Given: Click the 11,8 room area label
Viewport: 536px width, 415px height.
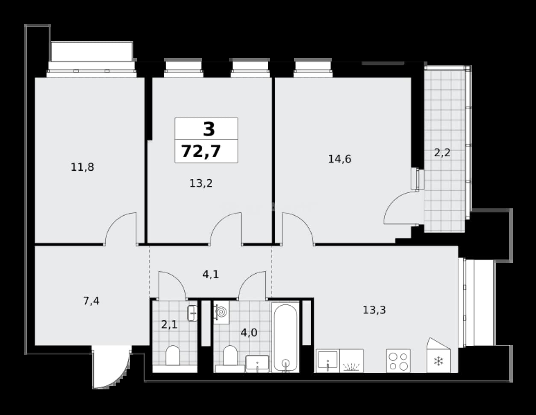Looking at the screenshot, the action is pyautogui.click(x=82, y=167).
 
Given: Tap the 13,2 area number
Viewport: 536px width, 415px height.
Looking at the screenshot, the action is pyautogui.click(x=201, y=184).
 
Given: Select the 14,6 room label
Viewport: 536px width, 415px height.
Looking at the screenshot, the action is pyautogui.click(x=340, y=159).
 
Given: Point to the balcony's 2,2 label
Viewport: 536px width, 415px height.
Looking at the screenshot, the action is pyautogui.click(x=442, y=153).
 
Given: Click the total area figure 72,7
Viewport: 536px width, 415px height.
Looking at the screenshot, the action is pyautogui.click(x=201, y=151).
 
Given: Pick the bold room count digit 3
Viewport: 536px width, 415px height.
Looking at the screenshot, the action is pyautogui.click(x=209, y=129).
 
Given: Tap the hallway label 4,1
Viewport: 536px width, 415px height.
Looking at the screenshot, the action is pyautogui.click(x=211, y=275).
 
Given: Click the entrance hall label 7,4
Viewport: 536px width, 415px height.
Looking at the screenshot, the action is pyautogui.click(x=91, y=301).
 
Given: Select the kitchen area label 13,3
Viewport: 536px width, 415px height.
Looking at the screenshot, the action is pyautogui.click(x=374, y=310).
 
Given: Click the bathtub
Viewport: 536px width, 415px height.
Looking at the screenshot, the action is pyautogui.click(x=286, y=337).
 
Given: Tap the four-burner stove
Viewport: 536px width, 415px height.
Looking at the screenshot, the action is pyautogui.click(x=398, y=361).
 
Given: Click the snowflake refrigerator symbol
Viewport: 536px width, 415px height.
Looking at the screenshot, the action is pyautogui.click(x=439, y=362).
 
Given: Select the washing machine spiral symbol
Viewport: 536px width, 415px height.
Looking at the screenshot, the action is pyautogui.click(x=222, y=312).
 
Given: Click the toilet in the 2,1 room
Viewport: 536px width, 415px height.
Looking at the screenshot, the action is pyautogui.click(x=173, y=355).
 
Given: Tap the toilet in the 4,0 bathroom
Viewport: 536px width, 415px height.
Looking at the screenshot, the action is pyautogui.click(x=230, y=355).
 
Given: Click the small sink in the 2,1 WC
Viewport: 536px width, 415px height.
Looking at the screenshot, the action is pyautogui.click(x=192, y=313).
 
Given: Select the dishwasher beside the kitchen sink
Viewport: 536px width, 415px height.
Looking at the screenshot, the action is pyautogui.click(x=351, y=361).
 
